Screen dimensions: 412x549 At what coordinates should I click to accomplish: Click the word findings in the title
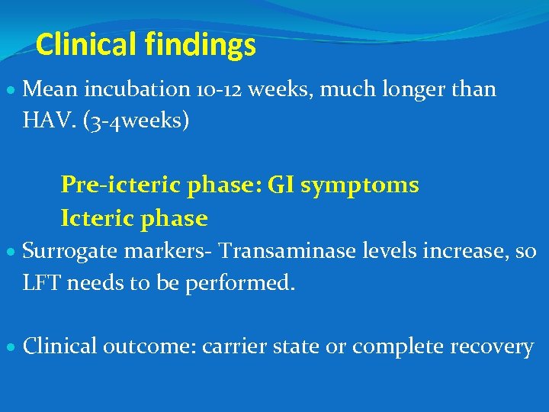tap(200, 46)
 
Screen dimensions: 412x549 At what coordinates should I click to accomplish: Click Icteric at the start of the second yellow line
tap(93, 219)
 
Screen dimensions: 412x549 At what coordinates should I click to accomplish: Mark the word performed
tap(246, 283)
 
